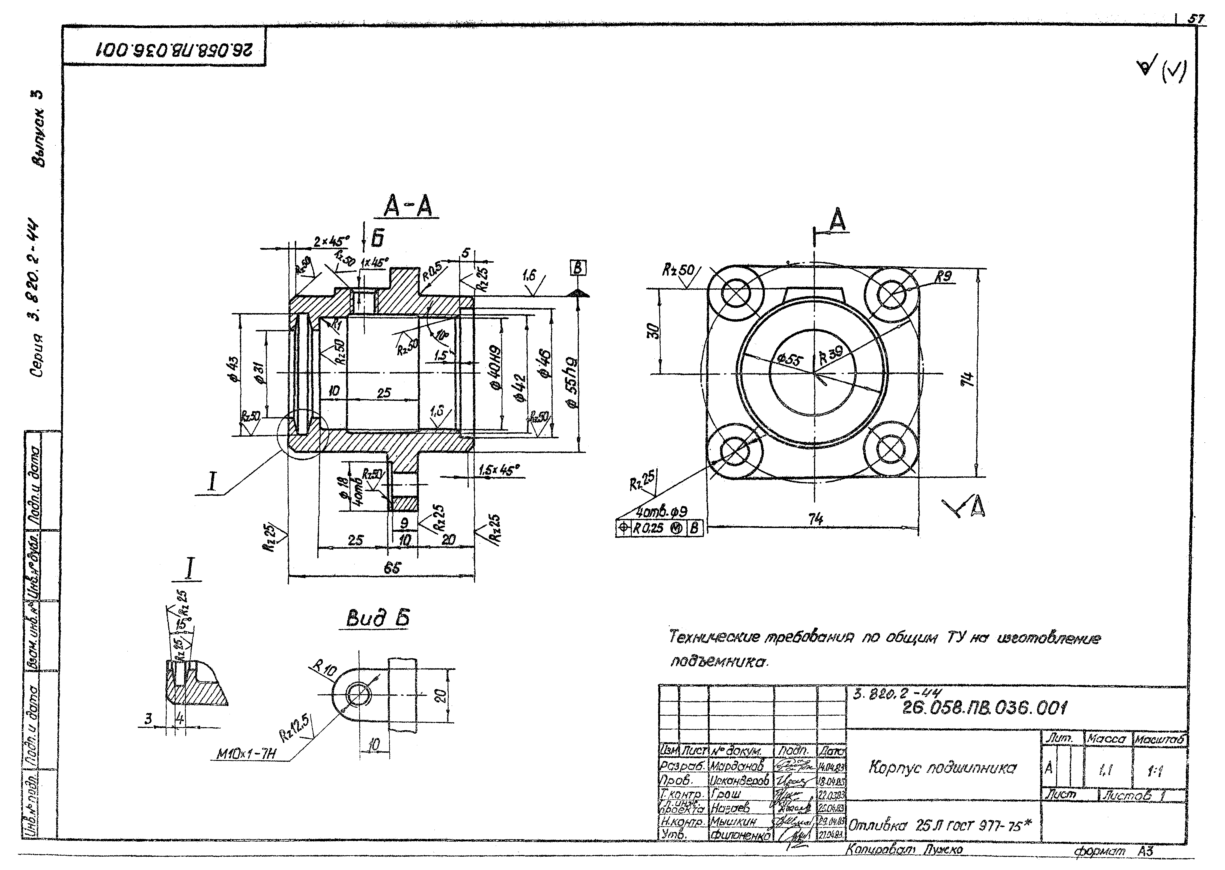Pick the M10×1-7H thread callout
coord(246,754)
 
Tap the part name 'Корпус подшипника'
coord(941,768)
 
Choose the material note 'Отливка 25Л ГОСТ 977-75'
coord(940,826)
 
